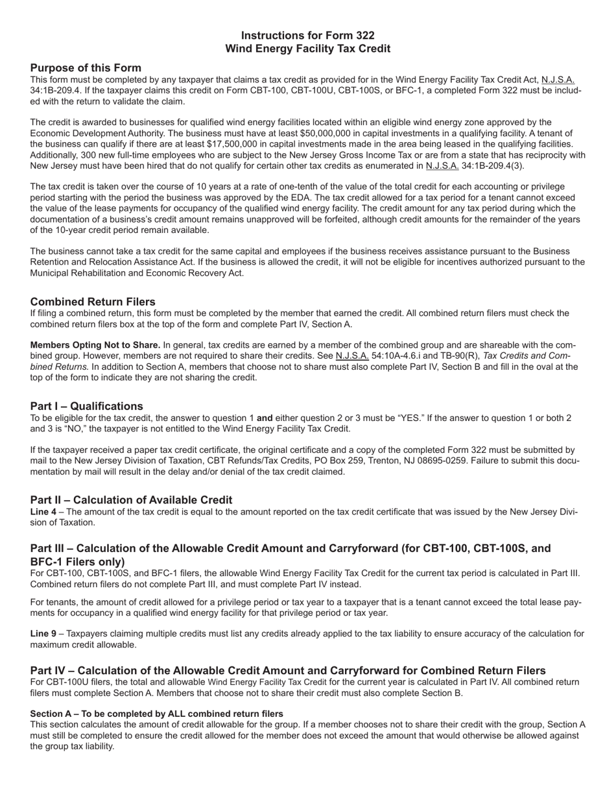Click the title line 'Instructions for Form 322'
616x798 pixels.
click(x=307, y=36)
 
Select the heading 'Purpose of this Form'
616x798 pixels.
click(x=86, y=68)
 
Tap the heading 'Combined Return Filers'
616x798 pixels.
click(x=93, y=302)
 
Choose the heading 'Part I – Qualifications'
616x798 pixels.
click(x=86, y=407)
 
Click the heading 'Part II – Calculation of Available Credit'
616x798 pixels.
click(x=131, y=500)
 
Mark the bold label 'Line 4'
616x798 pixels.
click(x=43, y=512)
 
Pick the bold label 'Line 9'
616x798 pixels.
click(x=43, y=634)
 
